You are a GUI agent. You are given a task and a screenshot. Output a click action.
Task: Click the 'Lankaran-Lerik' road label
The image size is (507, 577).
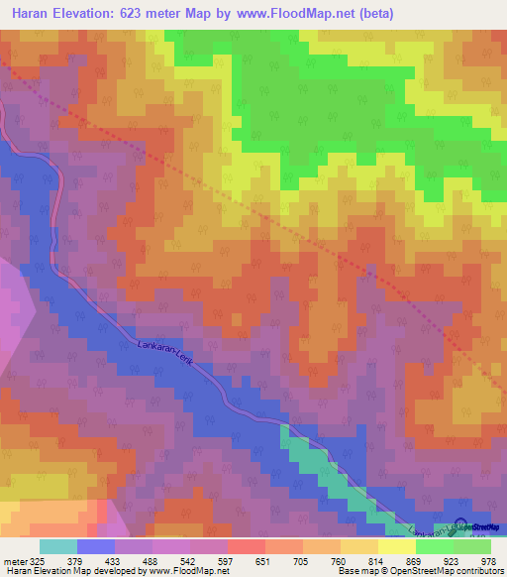(x=167, y=354)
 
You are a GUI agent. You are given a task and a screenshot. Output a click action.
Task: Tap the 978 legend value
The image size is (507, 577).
(x=487, y=558)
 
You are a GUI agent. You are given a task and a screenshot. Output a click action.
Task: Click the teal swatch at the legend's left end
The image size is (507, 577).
(x=57, y=545)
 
